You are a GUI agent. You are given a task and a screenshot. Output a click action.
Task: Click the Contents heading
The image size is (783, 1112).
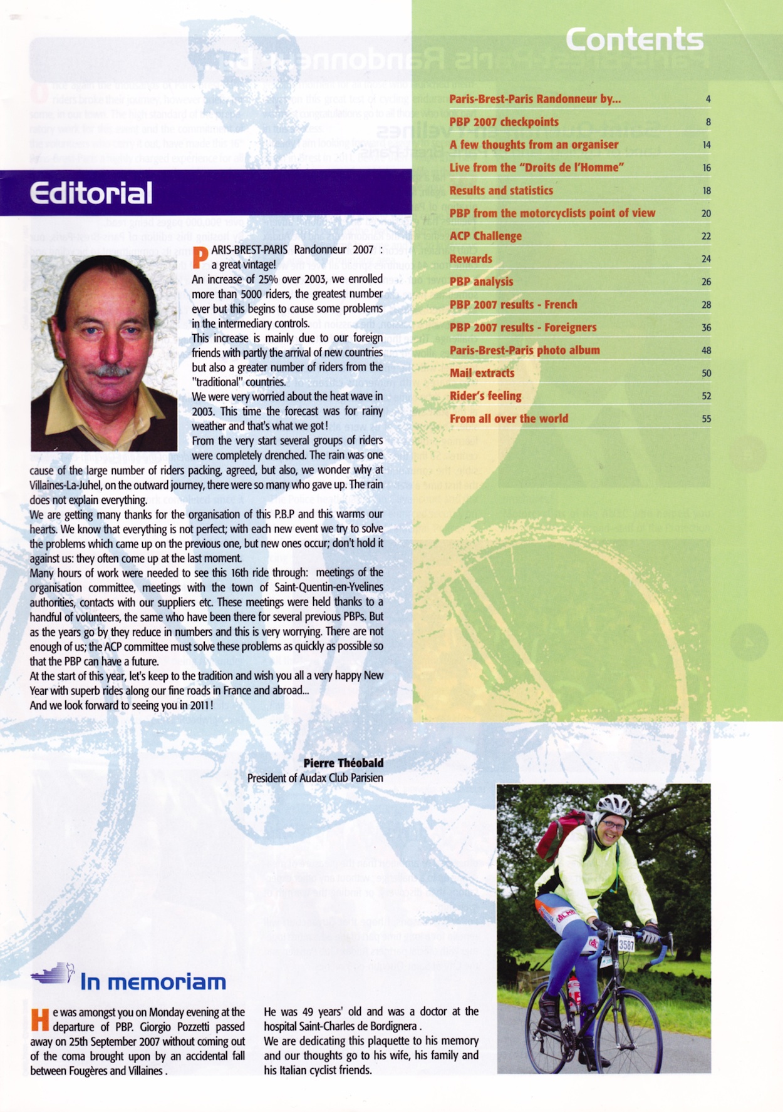click(634, 40)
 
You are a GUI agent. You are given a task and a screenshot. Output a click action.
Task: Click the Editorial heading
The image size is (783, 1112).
click(91, 193)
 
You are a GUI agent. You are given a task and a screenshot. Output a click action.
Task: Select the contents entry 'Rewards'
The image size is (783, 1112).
click(471, 259)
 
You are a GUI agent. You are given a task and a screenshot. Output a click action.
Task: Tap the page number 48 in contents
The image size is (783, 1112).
click(706, 350)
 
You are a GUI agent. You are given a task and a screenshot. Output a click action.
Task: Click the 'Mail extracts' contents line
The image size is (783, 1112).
click(482, 373)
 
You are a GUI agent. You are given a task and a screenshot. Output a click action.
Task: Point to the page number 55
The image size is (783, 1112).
click(706, 419)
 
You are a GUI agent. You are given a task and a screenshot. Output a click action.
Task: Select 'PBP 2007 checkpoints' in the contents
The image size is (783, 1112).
click(504, 122)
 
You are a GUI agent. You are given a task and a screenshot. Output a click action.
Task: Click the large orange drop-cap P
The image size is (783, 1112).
click(200, 257)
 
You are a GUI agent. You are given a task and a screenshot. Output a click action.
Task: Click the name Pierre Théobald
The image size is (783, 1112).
click(343, 763)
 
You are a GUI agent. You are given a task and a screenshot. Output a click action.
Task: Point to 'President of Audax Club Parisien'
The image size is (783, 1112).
click(315, 778)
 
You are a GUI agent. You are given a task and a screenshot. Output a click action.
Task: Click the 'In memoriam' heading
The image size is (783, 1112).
click(153, 982)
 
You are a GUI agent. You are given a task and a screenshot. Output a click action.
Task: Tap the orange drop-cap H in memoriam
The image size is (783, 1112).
click(39, 1020)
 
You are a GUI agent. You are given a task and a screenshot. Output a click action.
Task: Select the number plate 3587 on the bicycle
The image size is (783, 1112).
click(626, 944)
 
